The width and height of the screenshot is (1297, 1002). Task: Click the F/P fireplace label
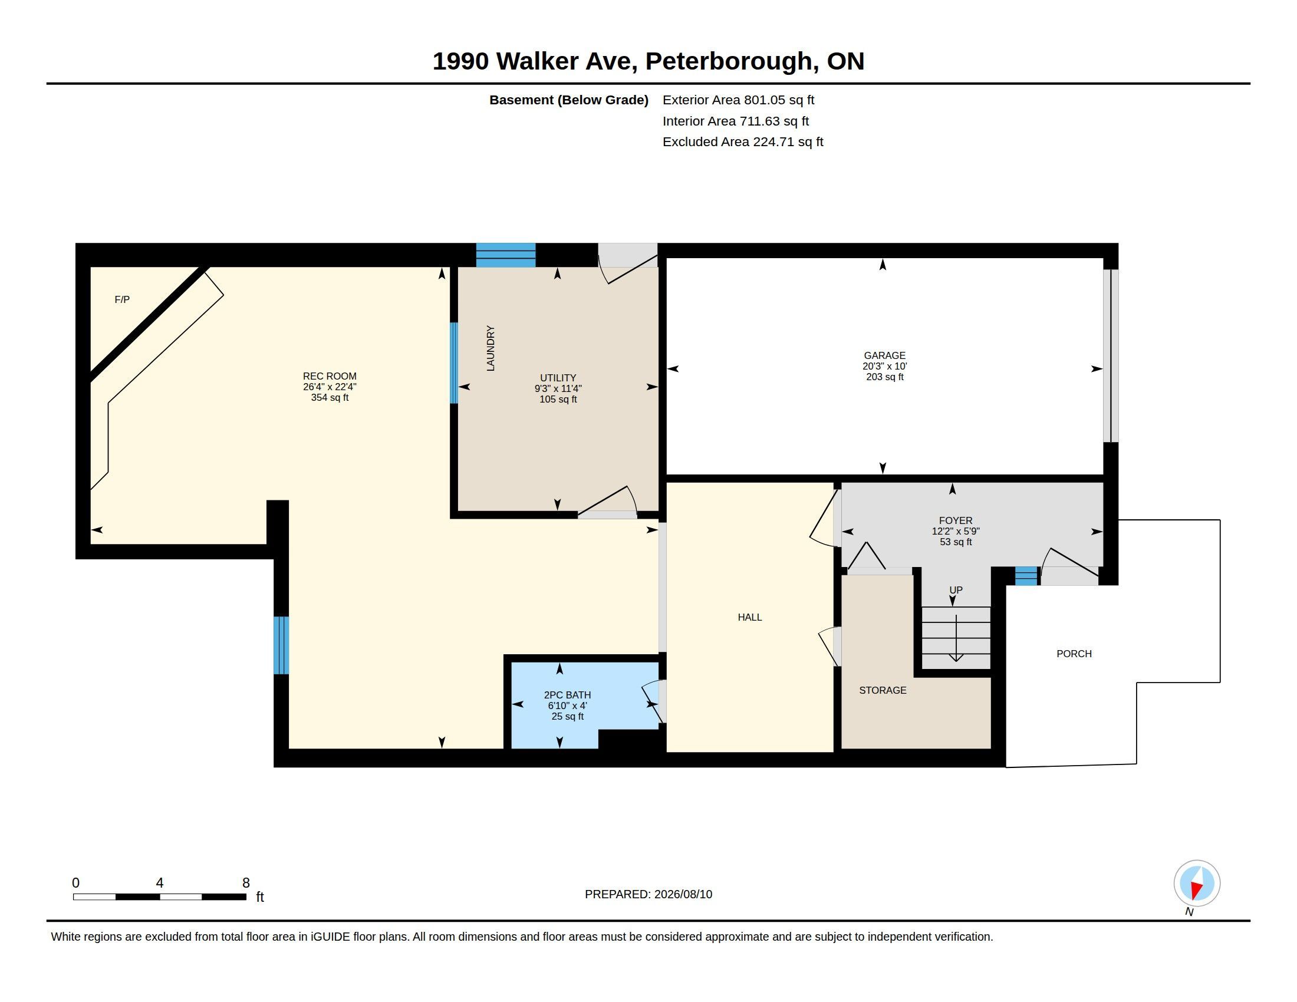click(122, 300)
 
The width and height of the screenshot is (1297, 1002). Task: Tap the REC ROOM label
click(330, 377)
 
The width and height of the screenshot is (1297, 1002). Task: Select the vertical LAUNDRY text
click(491, 348)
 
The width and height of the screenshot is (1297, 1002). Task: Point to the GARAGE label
click(884, 355)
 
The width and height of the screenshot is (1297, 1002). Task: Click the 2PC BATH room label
click(567, 695)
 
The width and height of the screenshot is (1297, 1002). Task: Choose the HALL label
click(749, 617)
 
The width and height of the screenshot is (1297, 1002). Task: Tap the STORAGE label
click(883, 690)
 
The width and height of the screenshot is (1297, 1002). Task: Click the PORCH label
click(1074, 654)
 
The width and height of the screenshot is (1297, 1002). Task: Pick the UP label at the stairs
click(956, 590)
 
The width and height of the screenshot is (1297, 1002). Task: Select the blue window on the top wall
click(506, 255)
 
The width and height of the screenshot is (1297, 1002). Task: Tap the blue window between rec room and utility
click(454, 362)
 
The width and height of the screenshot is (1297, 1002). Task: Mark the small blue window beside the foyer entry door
click(1026, 576)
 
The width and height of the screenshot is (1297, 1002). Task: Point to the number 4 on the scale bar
click(159, 883)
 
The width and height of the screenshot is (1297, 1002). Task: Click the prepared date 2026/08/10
click(683, 894)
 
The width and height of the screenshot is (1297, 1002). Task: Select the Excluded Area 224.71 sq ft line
click(742, 142)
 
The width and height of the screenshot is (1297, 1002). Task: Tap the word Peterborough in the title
click(729, 62)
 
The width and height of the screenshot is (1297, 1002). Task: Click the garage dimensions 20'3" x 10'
click(884, 366)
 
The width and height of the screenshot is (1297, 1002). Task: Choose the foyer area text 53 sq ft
click(956, 542)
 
